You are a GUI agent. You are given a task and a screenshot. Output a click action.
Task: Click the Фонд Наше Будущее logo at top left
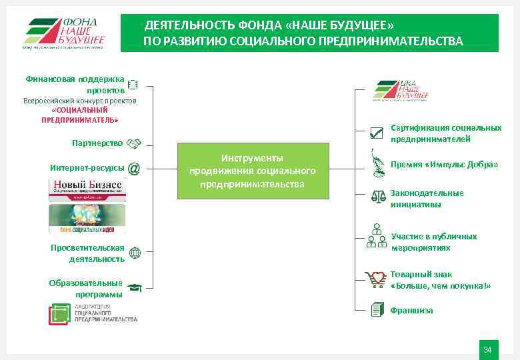click(65, 32)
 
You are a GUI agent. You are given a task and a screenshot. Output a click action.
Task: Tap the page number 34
click(487, 349)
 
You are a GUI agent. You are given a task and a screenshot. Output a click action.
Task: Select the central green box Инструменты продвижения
click(253, 171)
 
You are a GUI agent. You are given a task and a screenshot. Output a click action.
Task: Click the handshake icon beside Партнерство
click(134, 143)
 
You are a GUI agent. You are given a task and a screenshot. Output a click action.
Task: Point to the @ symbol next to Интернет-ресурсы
click(133, 168)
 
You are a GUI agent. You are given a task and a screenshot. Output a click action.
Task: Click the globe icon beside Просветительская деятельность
click(134, 253)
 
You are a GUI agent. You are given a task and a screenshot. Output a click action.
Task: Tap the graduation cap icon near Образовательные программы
click(134, 288)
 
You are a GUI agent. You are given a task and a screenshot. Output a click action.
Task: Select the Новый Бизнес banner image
click(86, 190)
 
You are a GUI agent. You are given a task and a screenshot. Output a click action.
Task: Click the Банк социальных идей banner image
click(86, 218)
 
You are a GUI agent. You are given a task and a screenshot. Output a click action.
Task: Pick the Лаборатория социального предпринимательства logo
click(93, 313)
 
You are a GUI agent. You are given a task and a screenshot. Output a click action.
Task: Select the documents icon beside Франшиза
click(377, 309)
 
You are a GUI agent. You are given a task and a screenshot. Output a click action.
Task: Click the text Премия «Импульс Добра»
click(444, 164)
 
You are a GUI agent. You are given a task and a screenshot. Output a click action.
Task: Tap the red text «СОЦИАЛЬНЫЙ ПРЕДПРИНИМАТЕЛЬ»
click(79, 115)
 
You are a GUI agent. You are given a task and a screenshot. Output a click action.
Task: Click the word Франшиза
click(411, 310)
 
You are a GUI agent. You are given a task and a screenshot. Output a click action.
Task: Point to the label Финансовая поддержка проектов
click(75, 84)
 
